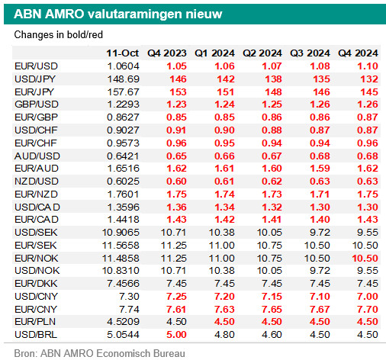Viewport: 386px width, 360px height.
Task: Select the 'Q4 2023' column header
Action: pyautogui.click(x=167, y=53)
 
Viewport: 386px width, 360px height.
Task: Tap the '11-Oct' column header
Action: pyautogui.click(x=123, y=53)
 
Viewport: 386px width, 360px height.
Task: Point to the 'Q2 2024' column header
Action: pyautogui.click(x=262, y=53)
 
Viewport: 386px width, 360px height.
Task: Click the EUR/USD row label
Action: pyautogui.click(x=37, y=66)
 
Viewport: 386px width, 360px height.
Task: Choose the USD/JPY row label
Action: pyautogui.click(x=35, y=79)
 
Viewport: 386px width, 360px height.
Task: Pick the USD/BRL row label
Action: pyautogui.click(x=36, y=335)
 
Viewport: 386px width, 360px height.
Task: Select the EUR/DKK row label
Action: pyautogui.click(x=36, y=284)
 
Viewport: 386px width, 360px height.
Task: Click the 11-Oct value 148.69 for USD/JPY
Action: pyautogui.click(x=124, y=79)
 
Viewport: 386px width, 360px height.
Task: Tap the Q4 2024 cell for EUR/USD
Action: pyautogui.click(x=368, y=66)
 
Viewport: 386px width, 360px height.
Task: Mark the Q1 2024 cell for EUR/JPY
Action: pyautogui.click(x=226, y=92)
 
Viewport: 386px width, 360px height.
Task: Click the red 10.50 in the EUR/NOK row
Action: pyautogui.click(x=365, y=259)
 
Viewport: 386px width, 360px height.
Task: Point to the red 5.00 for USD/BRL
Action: pyautogui.click(x=176, y=335)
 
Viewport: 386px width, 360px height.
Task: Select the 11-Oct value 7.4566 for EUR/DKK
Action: pyautogui.click(x=124, y=284)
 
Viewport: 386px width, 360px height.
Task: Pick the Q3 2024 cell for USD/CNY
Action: pyautogui.click(x=320, y=297)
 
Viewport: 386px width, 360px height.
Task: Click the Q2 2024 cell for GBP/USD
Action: pyautogui.click(x=272, y=104)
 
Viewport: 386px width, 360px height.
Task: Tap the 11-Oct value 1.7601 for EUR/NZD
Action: pyautogui.click(x=124, y=194)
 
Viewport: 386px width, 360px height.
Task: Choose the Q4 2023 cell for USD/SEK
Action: pyautogui.click(x=174, y=233)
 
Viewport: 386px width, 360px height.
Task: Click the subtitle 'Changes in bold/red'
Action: pyautogui.click(x=59, y=35)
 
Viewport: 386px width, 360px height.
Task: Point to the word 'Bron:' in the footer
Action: pyautogui.click(x=26, y=354)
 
